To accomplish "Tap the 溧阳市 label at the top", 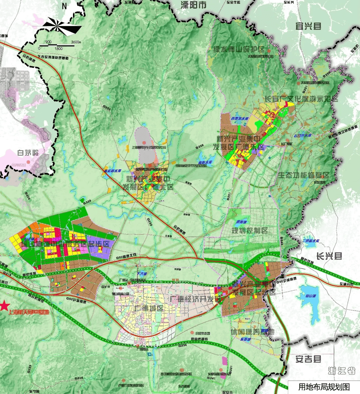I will click(x=193, y=5).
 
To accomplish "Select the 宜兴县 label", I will click(x=308, y=26).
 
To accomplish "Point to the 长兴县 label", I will click(x=329, y=256).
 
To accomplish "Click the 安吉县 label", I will click(x=308, y=359).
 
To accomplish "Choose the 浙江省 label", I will click(x=341, y=370).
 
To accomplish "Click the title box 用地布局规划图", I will click(x=324, y=387).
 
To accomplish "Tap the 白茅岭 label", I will click(x=28, y=153).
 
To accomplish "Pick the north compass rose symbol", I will click(x=63, y=26).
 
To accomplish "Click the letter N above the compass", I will click(x=64, y=6).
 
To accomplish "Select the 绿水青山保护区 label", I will click(x=239, y=49).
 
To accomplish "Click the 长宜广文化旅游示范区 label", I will click(x=301, y=99).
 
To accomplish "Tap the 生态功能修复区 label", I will click(x=303, y=175).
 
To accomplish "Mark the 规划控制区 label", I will click(x=250, y=231).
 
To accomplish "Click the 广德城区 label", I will click(x=149, y=308).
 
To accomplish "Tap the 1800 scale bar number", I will click(x=58, y=48).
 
